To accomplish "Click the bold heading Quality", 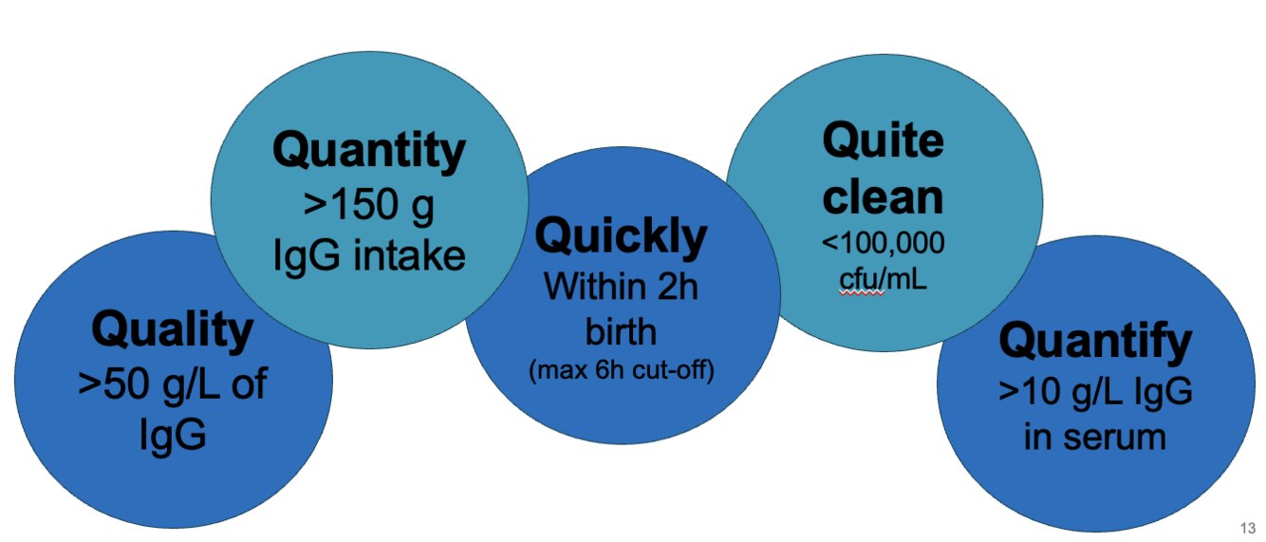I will coord(173,331).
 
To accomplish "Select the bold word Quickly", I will coord(622,236).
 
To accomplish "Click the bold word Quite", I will coord(883,141).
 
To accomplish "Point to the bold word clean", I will coord(883,197).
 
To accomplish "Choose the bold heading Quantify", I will coord(1095,341).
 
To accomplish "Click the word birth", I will coord(622,331).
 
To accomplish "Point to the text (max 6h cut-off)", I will coord(622,368).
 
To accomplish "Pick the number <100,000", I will coord(883,244).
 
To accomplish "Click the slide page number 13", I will coord(1247,528).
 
